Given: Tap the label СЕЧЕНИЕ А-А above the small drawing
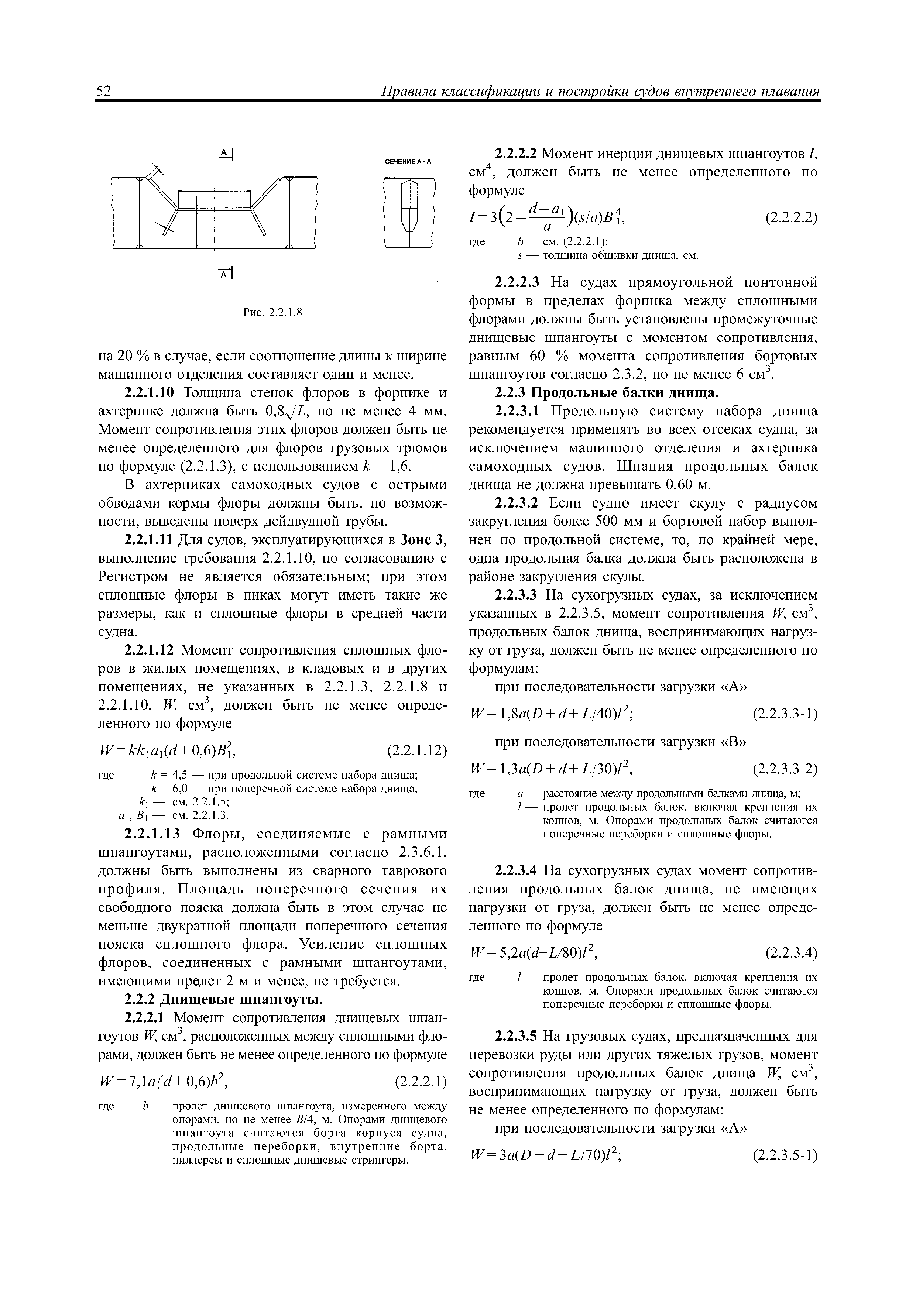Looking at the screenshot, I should (407, 162).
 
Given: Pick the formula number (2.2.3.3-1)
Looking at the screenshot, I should (785, 714).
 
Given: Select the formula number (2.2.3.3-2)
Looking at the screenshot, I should (785, 769).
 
